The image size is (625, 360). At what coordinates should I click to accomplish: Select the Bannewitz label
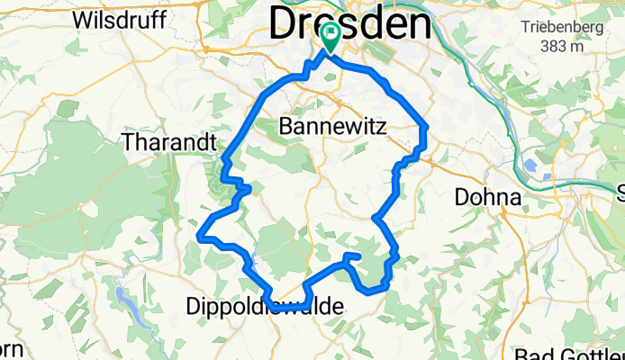click(332, 128)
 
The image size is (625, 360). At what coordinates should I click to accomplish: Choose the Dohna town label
click(489, 197)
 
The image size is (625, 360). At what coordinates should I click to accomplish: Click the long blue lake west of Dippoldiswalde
click(121, 293)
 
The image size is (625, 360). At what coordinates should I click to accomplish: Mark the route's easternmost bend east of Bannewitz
click(423, 130)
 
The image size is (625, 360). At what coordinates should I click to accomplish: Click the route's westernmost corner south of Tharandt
click(198, 235)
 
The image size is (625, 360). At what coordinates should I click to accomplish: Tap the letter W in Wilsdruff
click(83, 20)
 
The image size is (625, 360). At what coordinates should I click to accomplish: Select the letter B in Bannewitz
click(287, 128)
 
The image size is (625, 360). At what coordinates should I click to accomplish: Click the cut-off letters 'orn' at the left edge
click(9, 349)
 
